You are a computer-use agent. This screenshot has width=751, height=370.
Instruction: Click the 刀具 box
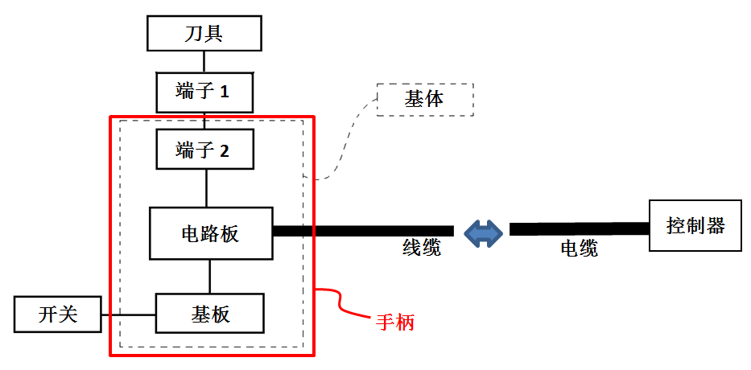(204, 33)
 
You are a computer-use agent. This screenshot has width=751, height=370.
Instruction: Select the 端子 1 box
(204, 92)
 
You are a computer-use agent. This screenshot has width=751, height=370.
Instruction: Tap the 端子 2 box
(204, 149)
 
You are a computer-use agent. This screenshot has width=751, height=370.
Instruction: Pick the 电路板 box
(211, 233)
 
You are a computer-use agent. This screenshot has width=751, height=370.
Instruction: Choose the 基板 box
(210, 313)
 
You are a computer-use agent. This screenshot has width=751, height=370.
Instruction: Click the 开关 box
(57, 314)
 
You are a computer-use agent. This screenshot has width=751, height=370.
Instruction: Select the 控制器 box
(697, 225)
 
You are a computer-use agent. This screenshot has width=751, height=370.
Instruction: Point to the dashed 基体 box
(425, 100)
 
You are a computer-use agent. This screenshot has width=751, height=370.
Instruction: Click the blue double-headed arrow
(484, 233)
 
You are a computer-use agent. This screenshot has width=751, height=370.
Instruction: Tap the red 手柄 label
(394, 323)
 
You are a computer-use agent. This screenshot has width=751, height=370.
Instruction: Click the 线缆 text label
(421, 248)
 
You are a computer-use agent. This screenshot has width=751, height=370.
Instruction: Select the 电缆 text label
(579, 249)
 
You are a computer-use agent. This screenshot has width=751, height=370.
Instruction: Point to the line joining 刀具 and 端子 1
(204, 61)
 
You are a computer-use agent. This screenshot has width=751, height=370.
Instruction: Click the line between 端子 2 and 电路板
(206, 188)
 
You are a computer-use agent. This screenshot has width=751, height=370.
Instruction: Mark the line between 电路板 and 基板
(210, 276)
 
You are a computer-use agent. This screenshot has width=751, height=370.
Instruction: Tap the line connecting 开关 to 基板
(128, 314)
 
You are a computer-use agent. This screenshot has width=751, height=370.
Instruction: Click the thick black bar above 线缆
(363, 231)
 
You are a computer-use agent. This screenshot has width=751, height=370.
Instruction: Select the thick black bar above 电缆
(579, 228)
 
